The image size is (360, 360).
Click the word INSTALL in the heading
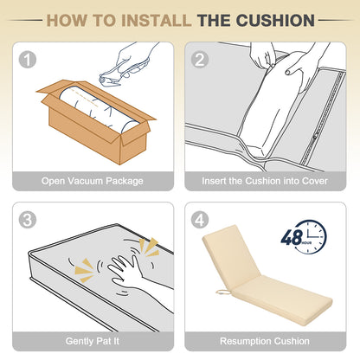pyautogui.click(x=156, y=21)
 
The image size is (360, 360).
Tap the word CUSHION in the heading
pyautogui.click(x=275, y=21)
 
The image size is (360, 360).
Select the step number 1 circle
pyautogui.click(x=28, y=60)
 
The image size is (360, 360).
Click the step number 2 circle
pyautogui.click(x=200, y=60)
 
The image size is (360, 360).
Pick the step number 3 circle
pyautogui.click(x=28, y=220)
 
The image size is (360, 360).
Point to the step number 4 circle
pyautogui.click(x=200, y=220)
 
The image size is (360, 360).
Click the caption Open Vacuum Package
pyautogui.click(x=93, y=181)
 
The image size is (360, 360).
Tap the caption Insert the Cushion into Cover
pyautogui.click(x=265, y=181)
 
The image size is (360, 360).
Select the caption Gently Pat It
pyautogui.click(x=93, y=341)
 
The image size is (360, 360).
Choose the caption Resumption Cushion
pyautogui.click(x=265, y=341)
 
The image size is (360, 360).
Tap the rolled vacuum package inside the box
pyautogui.click(x=98, y=110)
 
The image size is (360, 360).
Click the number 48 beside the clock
pyautogui.click(x=292, y=237)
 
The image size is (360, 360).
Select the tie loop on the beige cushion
pyautogui.click(x=223, y=292)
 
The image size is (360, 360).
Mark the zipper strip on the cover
pyautogui.click(x=323, y=119)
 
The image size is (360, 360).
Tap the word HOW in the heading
pyautogui.click(x=67, y=21)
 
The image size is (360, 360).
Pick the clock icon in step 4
pyautogui.click(x=311, y=237)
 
